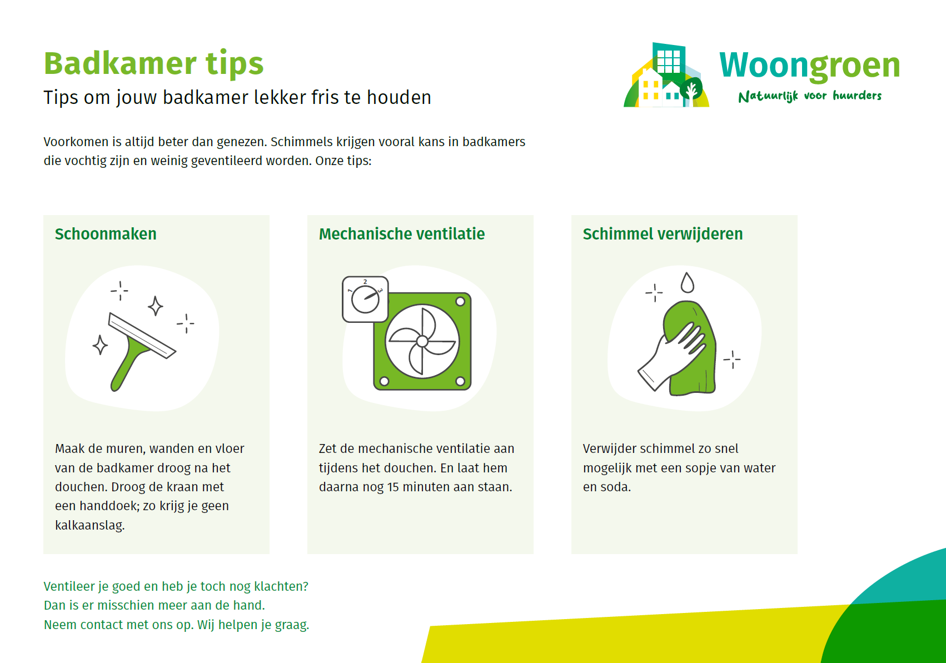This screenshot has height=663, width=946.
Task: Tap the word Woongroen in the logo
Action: click(x=810, y=66)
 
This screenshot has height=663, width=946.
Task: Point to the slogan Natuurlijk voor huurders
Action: click(x=810, y=96)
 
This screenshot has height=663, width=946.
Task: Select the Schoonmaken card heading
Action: click(x=106, y=233)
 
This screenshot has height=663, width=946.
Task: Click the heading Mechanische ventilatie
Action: click(x=402, y=233)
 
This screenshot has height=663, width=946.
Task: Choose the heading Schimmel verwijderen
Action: click(x=663, y=233)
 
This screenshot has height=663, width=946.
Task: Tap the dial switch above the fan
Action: click(x=365, y=299)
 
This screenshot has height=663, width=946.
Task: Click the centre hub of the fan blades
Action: click(x=422, y=341)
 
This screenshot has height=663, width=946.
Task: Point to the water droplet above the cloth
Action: click(x=687, y=282)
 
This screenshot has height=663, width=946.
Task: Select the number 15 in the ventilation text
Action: click(x=393, y=487)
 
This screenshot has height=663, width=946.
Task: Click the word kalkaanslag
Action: click(x=89, y=525)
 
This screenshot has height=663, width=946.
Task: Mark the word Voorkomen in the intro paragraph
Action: click(x=76, y=142)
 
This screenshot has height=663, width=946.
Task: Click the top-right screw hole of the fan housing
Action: click(x=460, y=302)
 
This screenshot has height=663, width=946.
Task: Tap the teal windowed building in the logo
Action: click(x=669, y=59)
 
